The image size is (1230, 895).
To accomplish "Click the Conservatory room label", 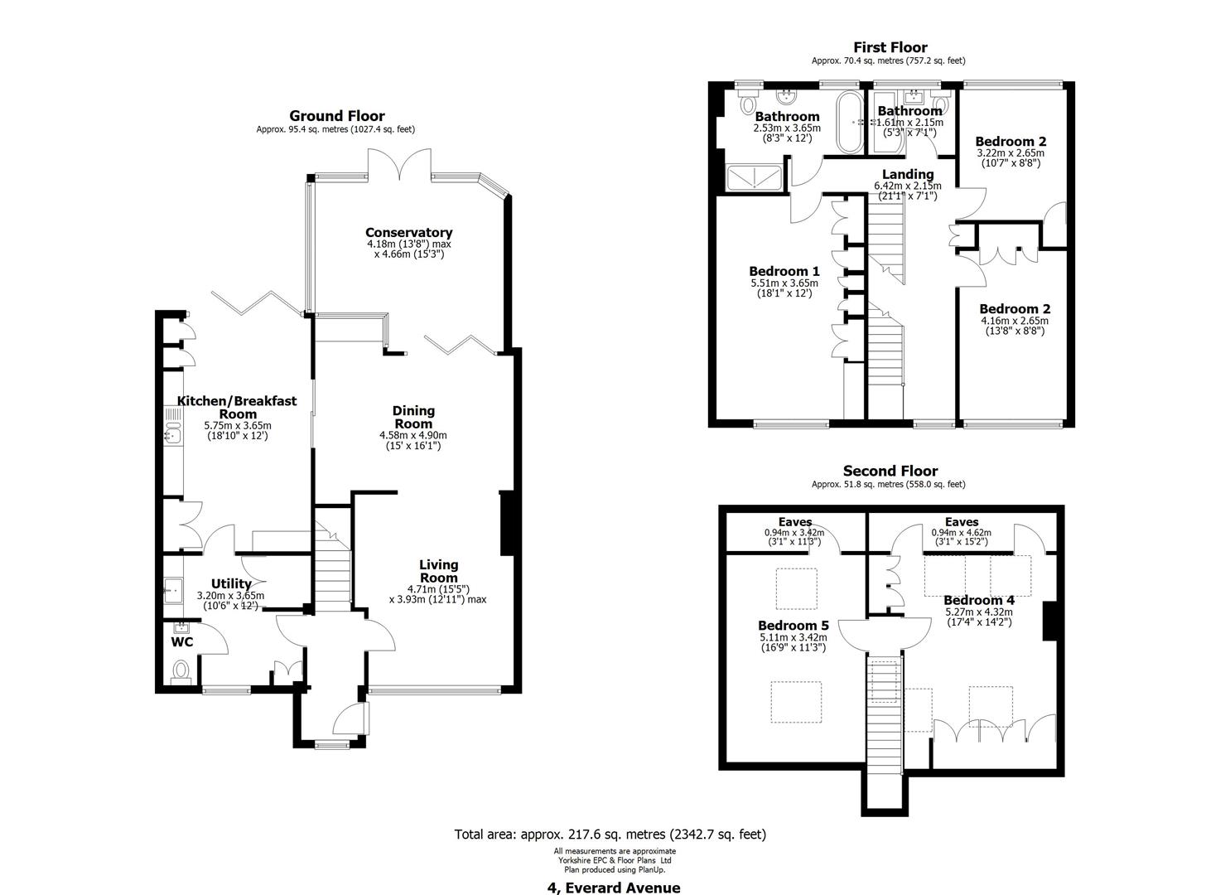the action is [408, 232].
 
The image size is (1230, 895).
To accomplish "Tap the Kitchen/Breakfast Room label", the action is [237, 407].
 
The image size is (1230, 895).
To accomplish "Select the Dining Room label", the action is [413, 417].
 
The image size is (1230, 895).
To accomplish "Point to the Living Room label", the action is [438, 571].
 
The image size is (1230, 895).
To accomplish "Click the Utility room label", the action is [231, 583].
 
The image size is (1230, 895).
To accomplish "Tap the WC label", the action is [182, 641].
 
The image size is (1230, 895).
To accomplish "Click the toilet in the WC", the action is [180, 672].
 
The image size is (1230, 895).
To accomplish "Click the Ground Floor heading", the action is [336, 116].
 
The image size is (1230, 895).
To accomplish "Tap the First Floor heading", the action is [890, 47].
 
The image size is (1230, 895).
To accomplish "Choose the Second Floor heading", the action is [890, 471].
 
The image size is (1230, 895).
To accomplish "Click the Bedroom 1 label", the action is [784, 271].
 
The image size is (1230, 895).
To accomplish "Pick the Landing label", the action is [908, 175].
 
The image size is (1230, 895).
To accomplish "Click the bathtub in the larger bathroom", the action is [850, 122].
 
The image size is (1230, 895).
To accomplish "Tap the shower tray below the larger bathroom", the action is [754, 178].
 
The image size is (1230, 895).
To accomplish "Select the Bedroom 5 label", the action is [793, 625].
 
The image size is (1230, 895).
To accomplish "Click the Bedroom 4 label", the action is [979, 601].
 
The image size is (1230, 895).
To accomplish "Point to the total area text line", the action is [610, 835].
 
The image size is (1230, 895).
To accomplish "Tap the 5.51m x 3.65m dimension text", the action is [784, 283].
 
